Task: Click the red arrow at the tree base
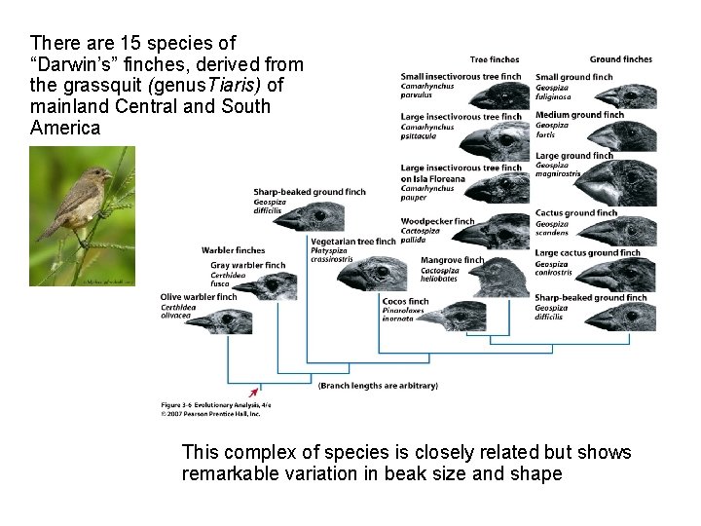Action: tap(258, 390)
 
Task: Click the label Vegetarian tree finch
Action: tap(352, 242)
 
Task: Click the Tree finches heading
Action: tap(494, 59)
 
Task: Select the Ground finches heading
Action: tap(621, 59)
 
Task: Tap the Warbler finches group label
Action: tap(234, 250)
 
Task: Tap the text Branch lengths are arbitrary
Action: tap(378, 387)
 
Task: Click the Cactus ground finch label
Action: tap(575, 213)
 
